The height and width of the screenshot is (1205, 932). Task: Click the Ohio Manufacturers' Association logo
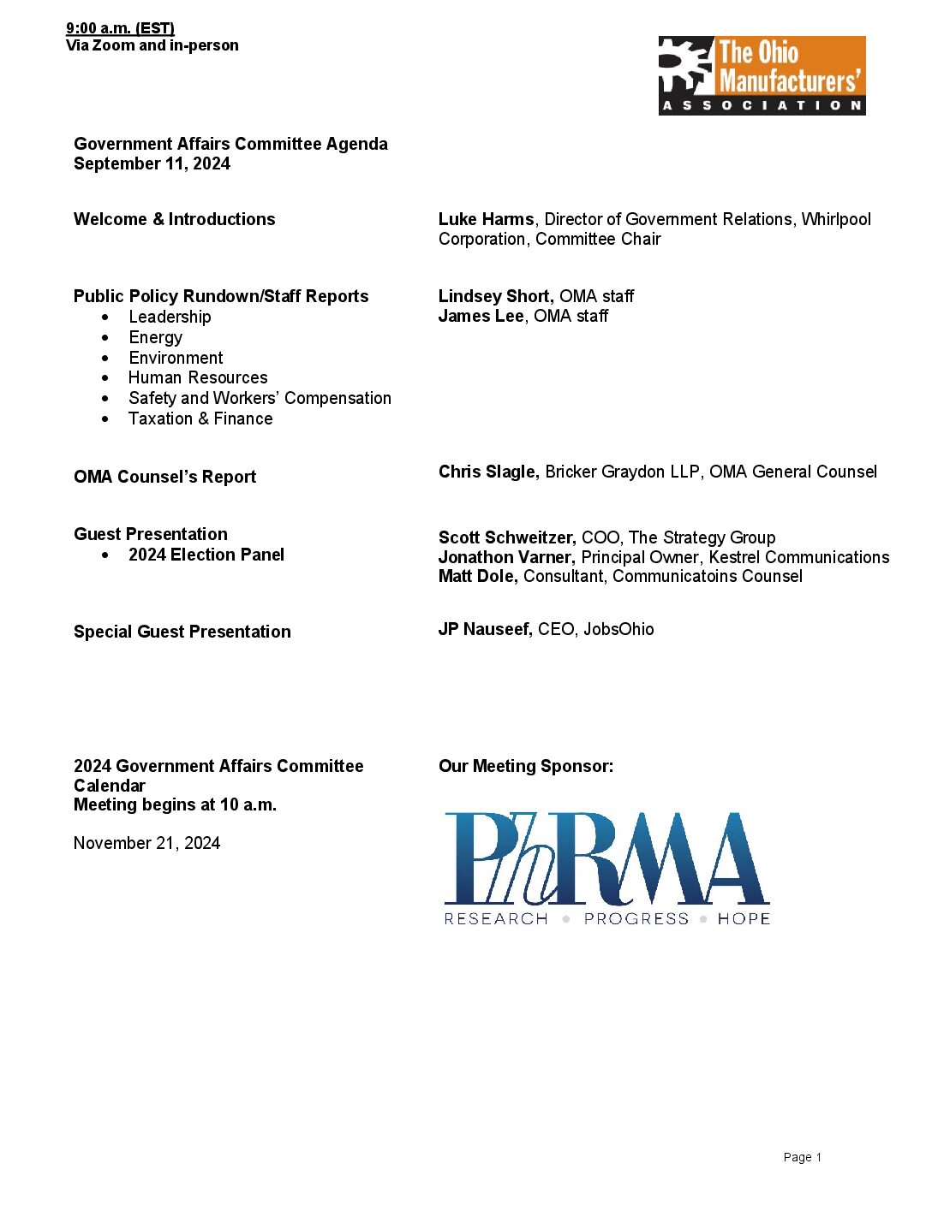click(x=762, y=75)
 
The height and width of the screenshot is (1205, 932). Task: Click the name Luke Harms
click(x=486, y=220)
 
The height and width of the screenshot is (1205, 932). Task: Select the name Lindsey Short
click(x=494, y=297)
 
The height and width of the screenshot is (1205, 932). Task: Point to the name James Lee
click(x=481, y=317)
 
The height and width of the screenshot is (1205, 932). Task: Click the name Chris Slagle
click(x=488, y=472)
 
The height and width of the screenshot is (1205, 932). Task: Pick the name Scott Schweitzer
click(x=506, y=538)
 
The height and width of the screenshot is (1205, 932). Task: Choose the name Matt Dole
click(x=477, y=577)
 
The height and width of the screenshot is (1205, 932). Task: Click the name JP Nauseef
click(x=485, y=630)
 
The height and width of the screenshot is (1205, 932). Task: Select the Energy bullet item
click(x=155, y=338)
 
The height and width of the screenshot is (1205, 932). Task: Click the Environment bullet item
click(x=176, y=359)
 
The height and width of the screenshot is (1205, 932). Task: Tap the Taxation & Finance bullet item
click(x=200, y=419)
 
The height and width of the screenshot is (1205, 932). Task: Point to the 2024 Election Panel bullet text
click(x=206, y=555)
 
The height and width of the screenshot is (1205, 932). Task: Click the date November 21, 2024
click(x=146, y=844)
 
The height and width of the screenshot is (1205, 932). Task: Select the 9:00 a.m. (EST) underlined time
click(x=120, y=29)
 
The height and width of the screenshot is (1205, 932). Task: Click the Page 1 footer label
click(x=802, y=1158)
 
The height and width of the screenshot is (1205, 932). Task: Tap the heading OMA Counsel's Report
click(x=164, y=478)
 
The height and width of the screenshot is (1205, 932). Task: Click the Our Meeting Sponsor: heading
click(x=525, y=767)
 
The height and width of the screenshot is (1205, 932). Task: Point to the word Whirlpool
click(x=836, y=220)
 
